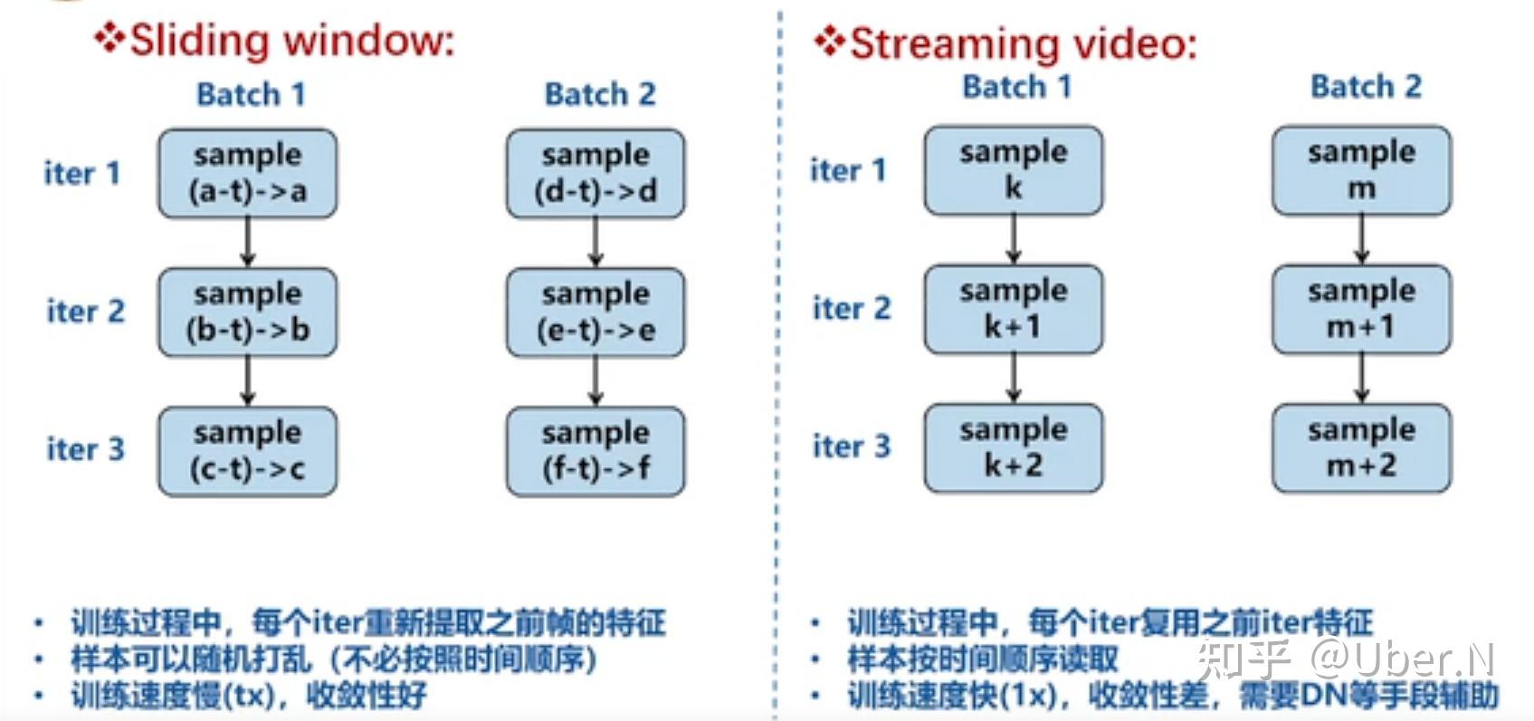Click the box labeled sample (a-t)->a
[247, 173]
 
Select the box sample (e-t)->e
[595, 312]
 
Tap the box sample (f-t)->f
[595, 450]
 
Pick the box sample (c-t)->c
[247, 450]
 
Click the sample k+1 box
[1013, 309]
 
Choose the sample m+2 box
[1360, 447]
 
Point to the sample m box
[1360, 170]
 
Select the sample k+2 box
[1013, 447]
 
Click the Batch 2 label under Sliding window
[599, 94]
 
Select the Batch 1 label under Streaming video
[1016, 87]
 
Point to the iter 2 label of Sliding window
[85, 312]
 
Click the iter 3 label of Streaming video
[851, 447]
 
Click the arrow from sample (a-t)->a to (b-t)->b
[247, 242]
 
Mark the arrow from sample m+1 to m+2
[1360, 378]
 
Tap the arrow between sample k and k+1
[1013, 239]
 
